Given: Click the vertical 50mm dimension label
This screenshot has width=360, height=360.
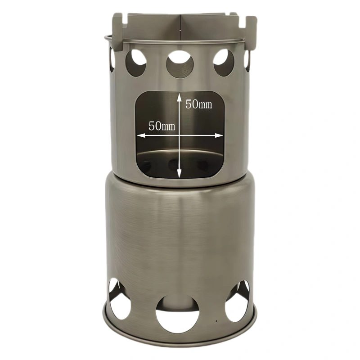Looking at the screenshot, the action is [x=199, y=104].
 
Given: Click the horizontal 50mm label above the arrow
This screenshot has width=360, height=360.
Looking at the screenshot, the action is [x=162, y=126].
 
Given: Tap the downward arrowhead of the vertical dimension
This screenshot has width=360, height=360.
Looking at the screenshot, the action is [x=179, y=174].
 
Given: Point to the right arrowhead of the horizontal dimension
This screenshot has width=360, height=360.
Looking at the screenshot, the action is [x=219, y=135].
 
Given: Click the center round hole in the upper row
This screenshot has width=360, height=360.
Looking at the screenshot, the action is [x=180, y=63].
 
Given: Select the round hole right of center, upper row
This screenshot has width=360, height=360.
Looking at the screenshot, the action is [x=224, y=63].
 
